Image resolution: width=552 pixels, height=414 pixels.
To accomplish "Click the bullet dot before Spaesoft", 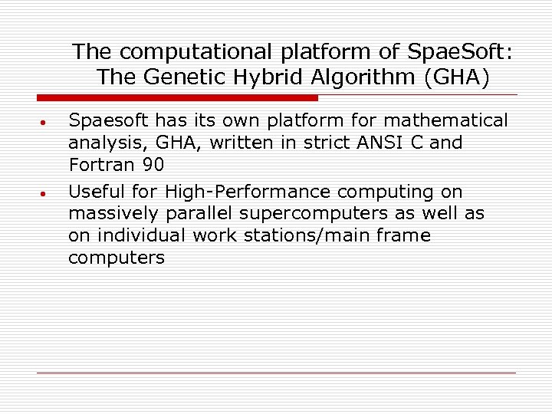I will pyautogui.click(x=45, y=123).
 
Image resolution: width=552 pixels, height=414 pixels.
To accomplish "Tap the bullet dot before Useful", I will pyautogui.click(x=45, y=193).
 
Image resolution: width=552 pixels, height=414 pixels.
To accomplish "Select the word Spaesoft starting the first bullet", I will pyautogui.click(x=110, y=121).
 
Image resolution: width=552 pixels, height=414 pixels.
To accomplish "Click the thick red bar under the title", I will pyautogui.click(x=177, y=98).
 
